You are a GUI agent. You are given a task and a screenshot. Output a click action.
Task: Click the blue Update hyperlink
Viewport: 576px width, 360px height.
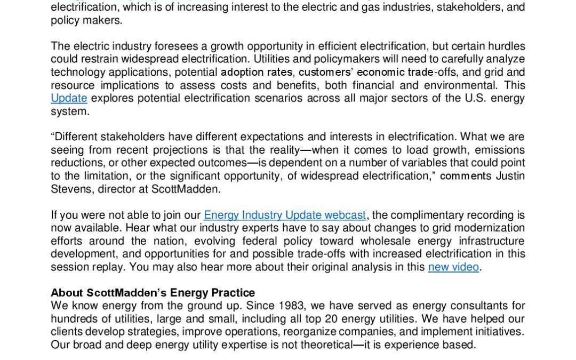coord(69,98)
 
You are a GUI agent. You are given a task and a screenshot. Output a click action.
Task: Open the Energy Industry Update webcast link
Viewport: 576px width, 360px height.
coord(285,215)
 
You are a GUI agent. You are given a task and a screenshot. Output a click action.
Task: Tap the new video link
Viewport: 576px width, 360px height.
coord(453,267)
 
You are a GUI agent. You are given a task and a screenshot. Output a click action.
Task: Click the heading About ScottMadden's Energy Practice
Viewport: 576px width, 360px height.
coord(153,293)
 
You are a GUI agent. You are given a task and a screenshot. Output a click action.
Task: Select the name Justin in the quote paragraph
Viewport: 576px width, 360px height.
coord(510,175)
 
